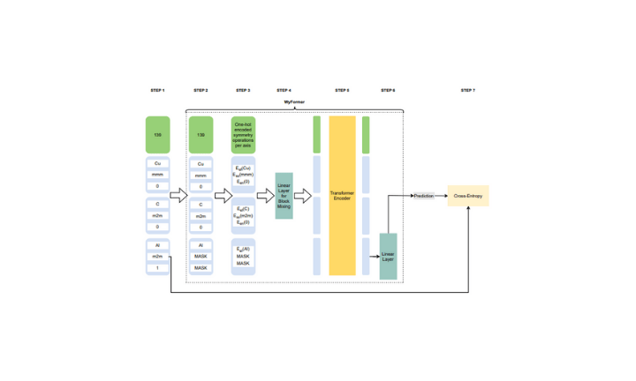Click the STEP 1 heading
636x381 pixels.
[x=157, y=90]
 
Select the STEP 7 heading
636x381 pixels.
[x=467, y=90]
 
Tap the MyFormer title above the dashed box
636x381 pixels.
[x=295, y=103]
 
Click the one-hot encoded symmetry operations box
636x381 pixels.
[x=243, y=135]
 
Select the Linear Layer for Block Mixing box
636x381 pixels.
[x=284, y=196]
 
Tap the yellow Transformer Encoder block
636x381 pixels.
[x=342, y=196]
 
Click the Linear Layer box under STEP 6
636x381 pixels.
[x=388, y=256]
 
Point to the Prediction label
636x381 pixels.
[x=424, y=196]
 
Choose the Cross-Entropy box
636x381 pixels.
[x=467, y=196]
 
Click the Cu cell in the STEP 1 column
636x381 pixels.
[x=157, y=164]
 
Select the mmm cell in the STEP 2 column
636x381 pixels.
[x=201, y=176]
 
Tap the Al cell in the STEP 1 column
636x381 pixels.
[x=157, y=245]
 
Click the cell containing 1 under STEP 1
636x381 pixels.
[x=157, y=267]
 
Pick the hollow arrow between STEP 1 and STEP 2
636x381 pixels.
[x=178, y=196]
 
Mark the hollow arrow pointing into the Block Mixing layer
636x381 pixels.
[x=264, y=196]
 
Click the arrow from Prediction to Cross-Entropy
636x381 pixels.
[x=442, y=196]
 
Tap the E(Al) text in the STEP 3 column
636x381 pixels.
[x=243, y=250]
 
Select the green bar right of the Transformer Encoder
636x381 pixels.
[x=366, y=135]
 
